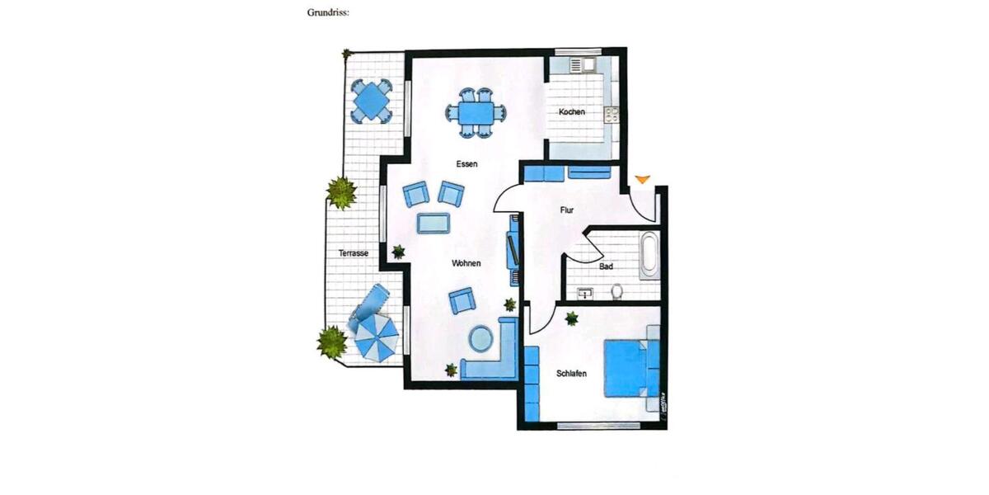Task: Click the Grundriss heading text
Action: (328, 13)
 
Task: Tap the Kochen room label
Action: (572, 112)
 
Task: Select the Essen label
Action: (466, 164)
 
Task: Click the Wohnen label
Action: (466, 264)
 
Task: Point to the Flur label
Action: (567, 210)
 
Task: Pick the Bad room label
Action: (606, 267)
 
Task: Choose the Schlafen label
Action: (571, 374)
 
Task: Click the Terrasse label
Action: (353, 253)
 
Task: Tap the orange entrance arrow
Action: (642, 179)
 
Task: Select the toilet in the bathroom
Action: (616, 291)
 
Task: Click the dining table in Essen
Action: (476, 111)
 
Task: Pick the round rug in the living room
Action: (481, 338)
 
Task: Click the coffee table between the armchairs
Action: (434, 223)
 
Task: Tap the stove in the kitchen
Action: (612, 114)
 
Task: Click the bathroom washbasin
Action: (586, 292)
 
